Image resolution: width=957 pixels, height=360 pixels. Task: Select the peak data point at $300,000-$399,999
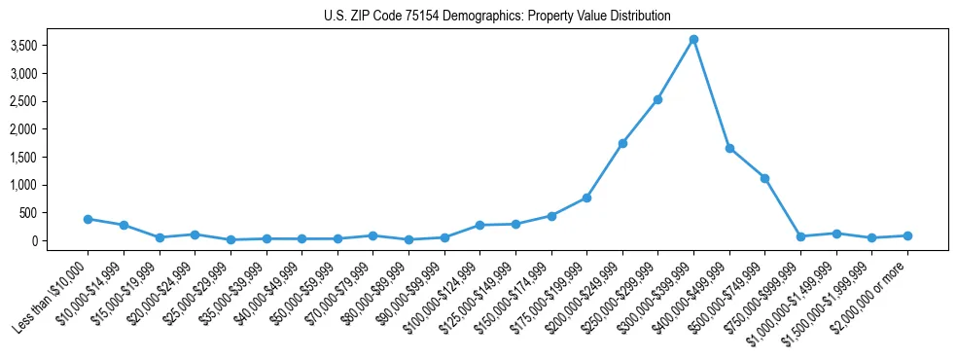coord(693,40)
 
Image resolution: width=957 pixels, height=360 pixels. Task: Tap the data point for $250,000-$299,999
coord(657,99)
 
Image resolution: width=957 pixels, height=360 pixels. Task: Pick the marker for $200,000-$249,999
coord(622,143)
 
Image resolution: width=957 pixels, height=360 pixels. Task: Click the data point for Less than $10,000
coord(88,219)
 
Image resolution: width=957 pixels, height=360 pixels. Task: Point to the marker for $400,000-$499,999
coord(729,148)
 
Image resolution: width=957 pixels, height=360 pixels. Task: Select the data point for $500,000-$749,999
coord(764,178)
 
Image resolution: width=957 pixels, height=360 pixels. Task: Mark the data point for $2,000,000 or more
coord(907,235)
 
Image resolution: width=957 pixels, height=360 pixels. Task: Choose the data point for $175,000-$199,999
coord(586,198)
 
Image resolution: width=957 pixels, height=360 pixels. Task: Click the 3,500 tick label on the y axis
coord(49,46)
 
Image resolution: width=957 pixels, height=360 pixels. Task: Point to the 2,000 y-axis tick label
coord(49,129)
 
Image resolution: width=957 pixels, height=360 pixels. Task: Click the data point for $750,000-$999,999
coord(800,236)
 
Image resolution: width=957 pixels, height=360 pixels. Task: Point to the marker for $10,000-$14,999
coord(124,225)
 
